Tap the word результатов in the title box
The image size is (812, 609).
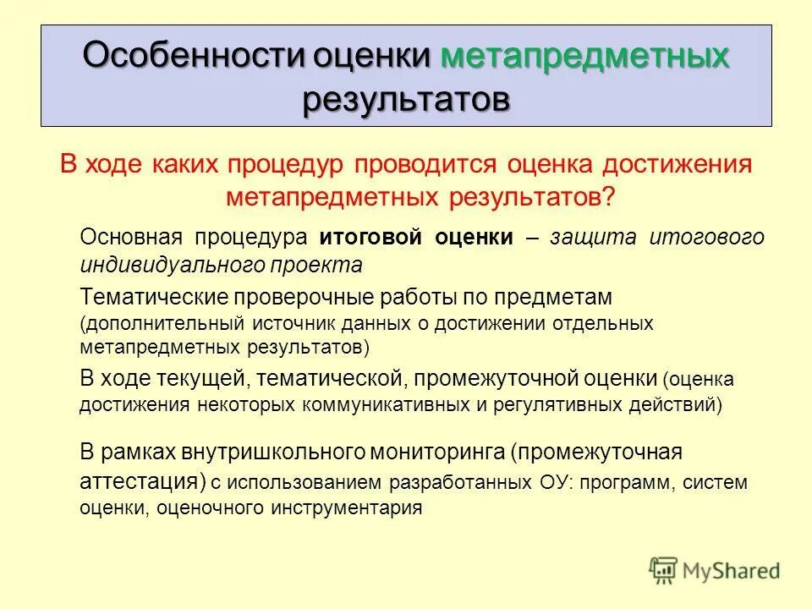(x=407, y=99)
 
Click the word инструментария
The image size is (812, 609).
(x=347, y=509)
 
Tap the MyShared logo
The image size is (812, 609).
(x=715, y=571)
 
